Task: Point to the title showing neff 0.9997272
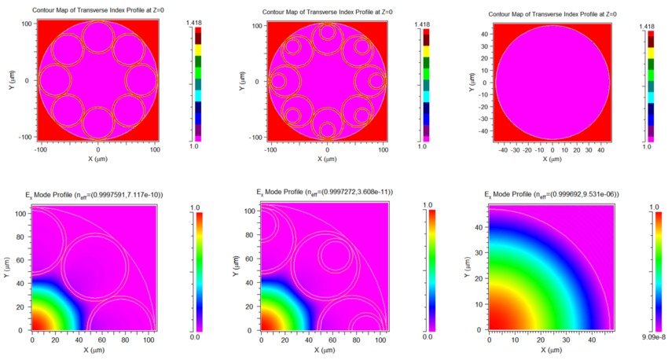click(x=324, y=193)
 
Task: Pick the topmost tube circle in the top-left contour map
click(x=97, y=38)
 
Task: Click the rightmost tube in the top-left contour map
click(x=141, y=80)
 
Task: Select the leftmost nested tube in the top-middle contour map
click(x=280, y=80)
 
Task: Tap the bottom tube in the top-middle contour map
click(x=328, y=126)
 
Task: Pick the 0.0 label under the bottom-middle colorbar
click(x=428, y=337)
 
